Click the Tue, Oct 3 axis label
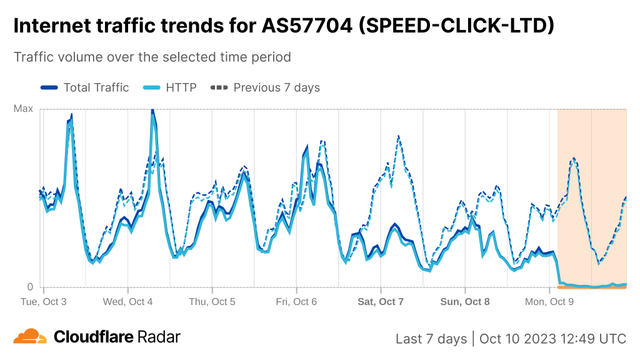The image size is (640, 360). click(44, 301)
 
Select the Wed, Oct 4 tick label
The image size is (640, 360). click(128, 301)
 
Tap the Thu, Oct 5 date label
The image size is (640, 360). click(212, 301)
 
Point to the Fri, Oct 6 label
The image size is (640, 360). click(296, 301)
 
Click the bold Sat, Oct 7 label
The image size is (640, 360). click(381, 301)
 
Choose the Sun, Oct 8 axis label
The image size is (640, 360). click(465, 301)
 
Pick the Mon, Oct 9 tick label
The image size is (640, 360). click(549, 301)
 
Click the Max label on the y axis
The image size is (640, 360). click(23, 109)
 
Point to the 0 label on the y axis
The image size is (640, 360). click(29, 287)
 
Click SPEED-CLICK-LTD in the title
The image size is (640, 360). click(454, 26)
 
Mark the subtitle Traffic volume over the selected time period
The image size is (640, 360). click(152, 57)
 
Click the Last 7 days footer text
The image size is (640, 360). click(431, 339)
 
